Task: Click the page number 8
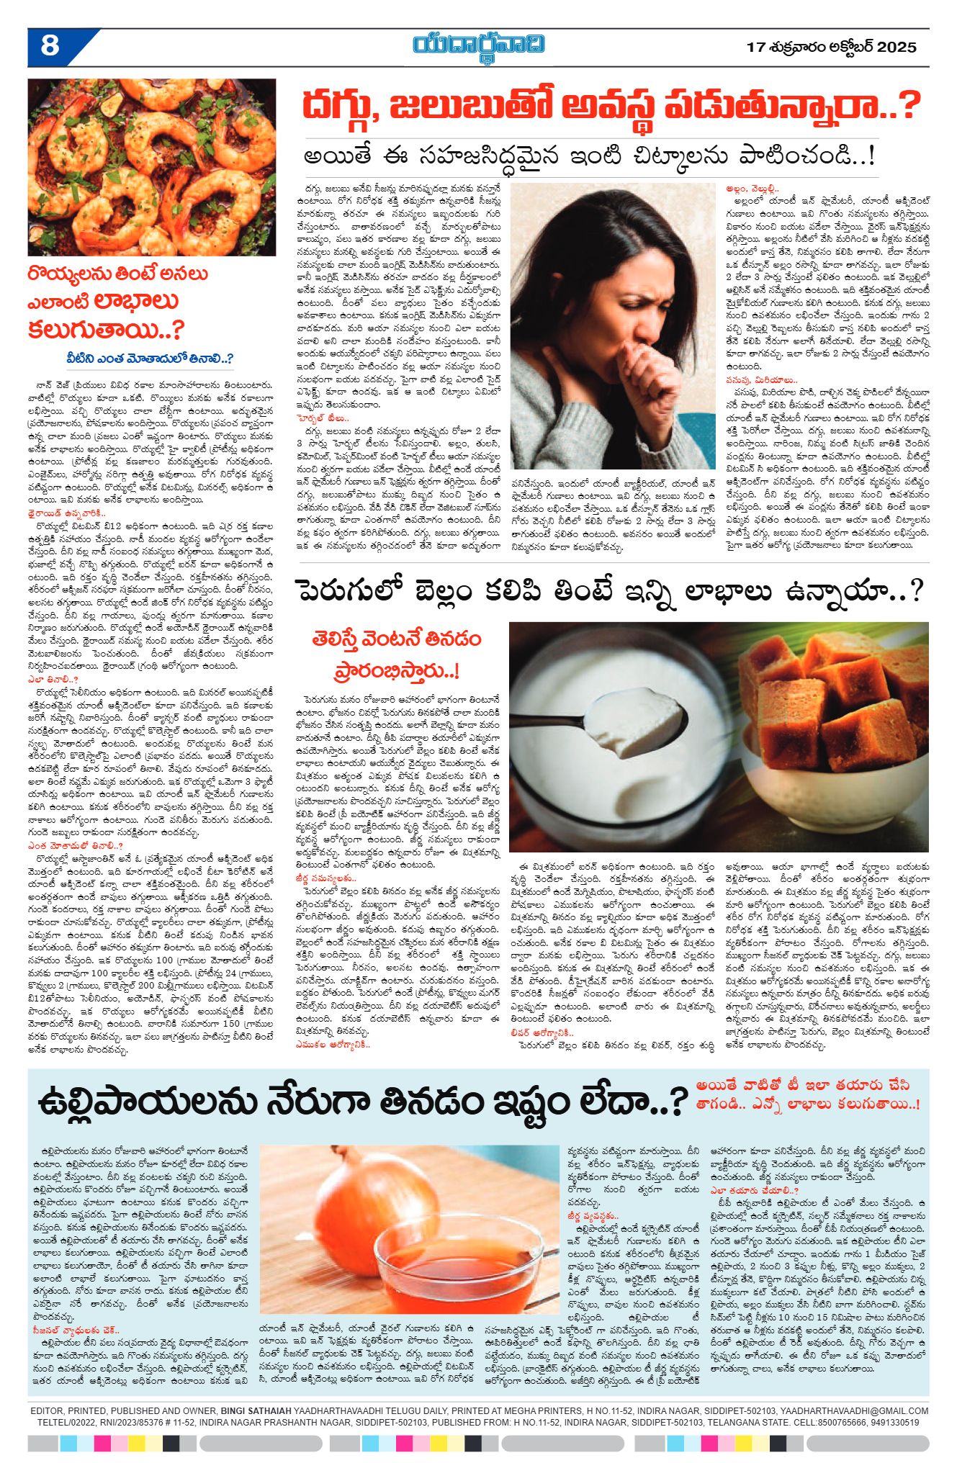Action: point(50,46)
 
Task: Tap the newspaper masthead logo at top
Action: point(478,45)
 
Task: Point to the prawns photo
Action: point(152,167)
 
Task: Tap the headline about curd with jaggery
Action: point(608,592)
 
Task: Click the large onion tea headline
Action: point(364,1102)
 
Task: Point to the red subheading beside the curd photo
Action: point(397,654)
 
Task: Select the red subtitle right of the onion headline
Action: point(807,1094)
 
